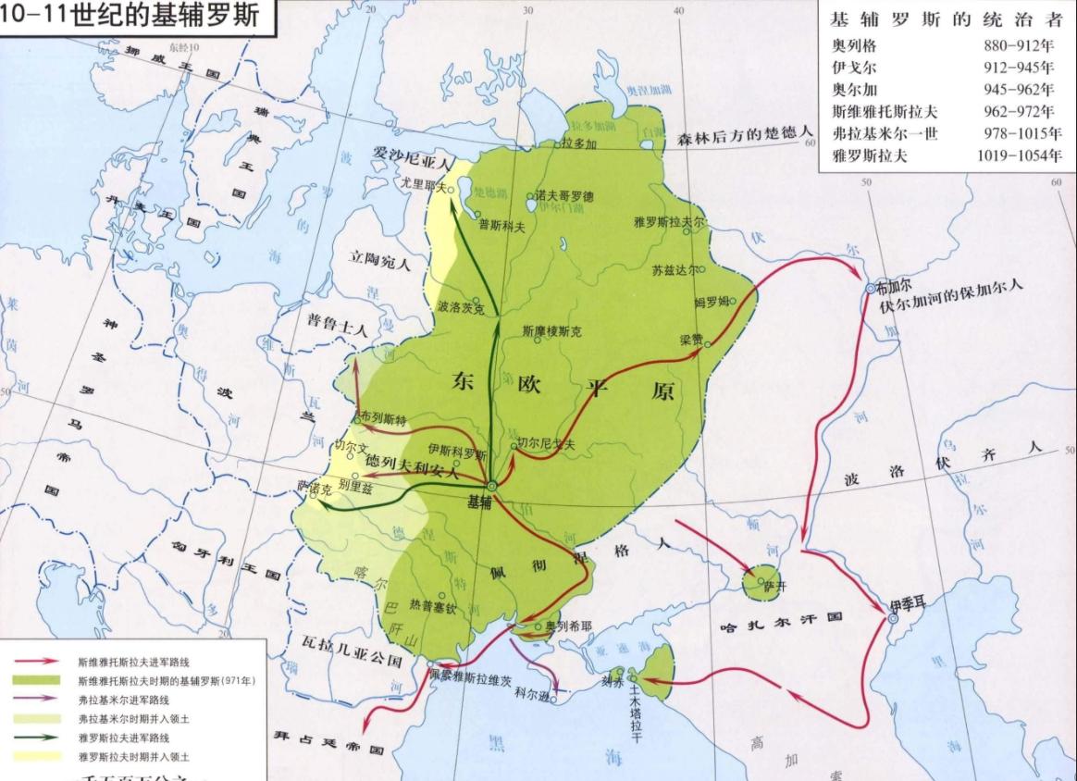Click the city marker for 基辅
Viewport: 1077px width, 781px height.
point(492,485)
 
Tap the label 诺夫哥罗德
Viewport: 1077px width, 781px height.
point(566,197)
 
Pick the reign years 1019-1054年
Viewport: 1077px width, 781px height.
point(1020,156)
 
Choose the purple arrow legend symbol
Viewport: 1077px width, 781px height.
point(36,700)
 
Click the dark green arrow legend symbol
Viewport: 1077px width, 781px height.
point(36,738)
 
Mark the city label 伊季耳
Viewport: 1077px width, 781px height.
point(906,605)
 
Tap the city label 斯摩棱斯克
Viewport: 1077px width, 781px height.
point(552,330)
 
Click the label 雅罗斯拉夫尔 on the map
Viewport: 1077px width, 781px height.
point(670,223)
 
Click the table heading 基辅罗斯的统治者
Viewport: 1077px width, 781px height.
point(947,19)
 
